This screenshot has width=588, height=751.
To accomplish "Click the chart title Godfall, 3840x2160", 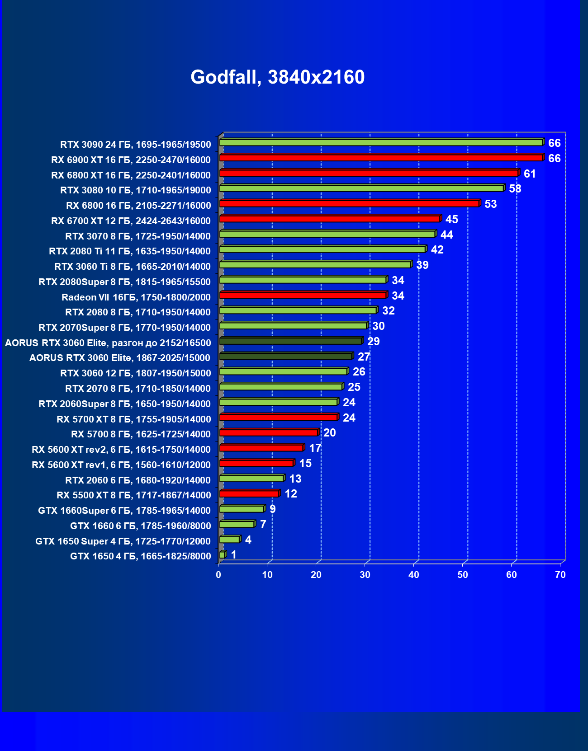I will point(277,77).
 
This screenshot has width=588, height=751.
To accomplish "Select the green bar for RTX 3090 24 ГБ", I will point(381,143).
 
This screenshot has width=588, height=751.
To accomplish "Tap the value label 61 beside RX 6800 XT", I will point(530,174).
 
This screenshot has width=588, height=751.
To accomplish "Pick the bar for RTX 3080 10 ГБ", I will point(362,188).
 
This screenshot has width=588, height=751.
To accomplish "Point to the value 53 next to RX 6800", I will point(490,204).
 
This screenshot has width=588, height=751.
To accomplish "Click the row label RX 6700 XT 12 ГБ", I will point(131,221).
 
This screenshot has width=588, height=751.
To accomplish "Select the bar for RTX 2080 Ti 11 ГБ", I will point(322,249).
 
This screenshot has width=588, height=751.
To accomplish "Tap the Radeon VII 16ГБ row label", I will point(136,297).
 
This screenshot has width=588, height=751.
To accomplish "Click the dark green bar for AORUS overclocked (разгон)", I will point(290,341).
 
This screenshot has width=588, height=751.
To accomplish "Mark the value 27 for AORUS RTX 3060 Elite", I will point(364,357).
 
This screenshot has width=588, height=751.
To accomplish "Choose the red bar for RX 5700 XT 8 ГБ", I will point(278,418).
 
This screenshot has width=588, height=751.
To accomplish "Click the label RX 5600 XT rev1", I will point(121,465).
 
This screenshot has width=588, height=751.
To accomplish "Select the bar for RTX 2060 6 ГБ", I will point(251,479).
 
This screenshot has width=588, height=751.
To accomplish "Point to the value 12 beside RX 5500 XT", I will point(291,494).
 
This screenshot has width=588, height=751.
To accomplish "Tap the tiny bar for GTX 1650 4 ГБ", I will point(222,555).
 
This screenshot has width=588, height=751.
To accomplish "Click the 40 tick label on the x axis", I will point(414,575).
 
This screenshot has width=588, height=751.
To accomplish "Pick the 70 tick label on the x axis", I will point(560,575).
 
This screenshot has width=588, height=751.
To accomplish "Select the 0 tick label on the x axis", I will point(218,575).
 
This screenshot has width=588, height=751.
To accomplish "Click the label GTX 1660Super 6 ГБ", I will point(124,511).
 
